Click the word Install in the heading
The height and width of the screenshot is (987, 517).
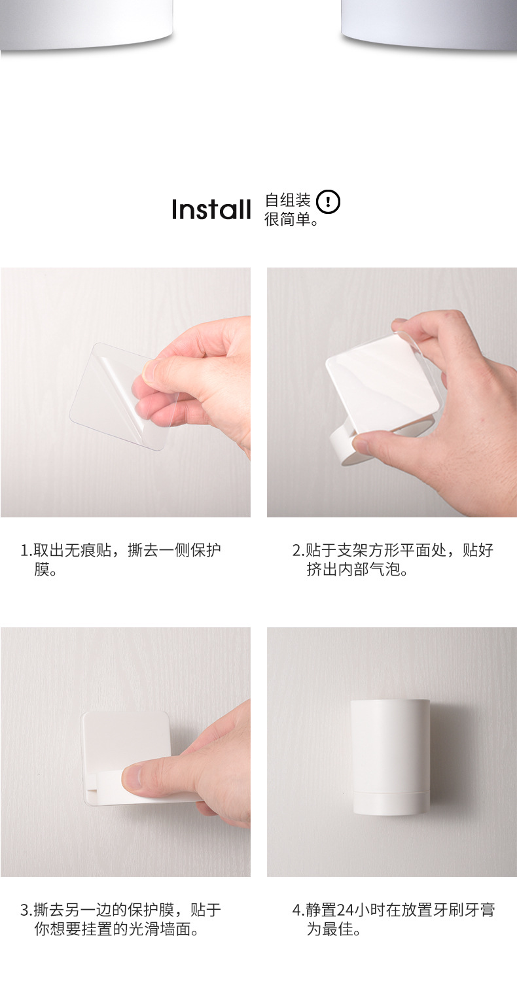point(211,209)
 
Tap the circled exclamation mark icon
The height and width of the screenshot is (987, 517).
point(328,202)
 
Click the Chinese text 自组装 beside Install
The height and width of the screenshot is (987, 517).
point(287,201)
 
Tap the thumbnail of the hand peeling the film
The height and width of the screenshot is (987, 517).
point(125,392)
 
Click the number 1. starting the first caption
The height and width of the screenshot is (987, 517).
point(27,550)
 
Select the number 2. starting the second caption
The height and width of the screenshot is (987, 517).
point(299,550)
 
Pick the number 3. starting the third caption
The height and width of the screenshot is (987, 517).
point(27,910)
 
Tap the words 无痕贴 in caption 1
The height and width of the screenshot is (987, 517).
point(88,550)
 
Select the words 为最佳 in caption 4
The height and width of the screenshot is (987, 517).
point(330,929)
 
